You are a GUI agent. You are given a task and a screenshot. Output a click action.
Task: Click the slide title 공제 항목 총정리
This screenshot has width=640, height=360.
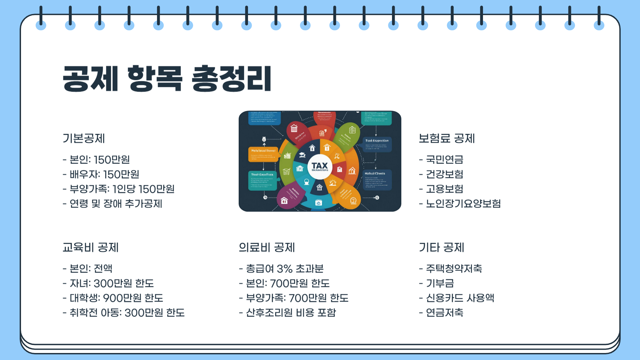point(167,79)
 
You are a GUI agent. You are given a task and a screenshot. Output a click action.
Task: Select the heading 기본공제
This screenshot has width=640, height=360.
point(84,138)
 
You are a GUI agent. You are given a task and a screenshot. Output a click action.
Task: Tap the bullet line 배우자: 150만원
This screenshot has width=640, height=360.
point(101,174)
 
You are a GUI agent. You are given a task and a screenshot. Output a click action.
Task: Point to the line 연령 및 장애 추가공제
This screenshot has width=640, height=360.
point(112,204)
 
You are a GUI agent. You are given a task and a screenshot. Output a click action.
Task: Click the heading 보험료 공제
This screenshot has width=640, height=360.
point(447,138)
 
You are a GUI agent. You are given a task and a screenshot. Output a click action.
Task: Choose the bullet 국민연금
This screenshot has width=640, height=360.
point(441,160)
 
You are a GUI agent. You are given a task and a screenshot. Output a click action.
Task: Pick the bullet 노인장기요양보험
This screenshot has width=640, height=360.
point(460,204)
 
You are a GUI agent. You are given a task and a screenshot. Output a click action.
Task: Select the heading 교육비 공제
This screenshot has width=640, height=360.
point(91,247)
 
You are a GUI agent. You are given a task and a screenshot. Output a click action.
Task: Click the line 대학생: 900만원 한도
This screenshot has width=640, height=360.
point(113,298)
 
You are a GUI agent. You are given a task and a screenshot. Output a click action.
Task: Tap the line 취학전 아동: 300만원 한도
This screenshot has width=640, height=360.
point(124,313)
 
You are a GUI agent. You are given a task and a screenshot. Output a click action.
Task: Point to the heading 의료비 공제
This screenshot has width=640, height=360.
point(267,247)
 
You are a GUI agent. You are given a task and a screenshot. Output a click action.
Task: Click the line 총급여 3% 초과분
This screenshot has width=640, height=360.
point(281,269)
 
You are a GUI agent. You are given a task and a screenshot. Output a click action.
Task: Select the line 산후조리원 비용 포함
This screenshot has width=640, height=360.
point(288,313)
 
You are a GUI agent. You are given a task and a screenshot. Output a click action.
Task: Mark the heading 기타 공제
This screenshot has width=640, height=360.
point(441,247)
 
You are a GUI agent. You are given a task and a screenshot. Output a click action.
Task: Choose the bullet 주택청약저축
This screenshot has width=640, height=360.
point(450,269)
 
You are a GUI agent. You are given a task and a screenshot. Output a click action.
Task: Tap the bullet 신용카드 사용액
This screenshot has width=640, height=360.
point(457,298)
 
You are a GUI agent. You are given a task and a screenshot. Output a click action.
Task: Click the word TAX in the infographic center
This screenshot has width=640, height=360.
point(320,165)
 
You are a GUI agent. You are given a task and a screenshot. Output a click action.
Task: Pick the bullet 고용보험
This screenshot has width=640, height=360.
point(441,189)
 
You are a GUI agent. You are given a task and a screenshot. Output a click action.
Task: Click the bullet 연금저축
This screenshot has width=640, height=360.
point(441,313)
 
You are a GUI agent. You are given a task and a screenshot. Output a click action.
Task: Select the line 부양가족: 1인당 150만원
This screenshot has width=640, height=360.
point(119,189)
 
